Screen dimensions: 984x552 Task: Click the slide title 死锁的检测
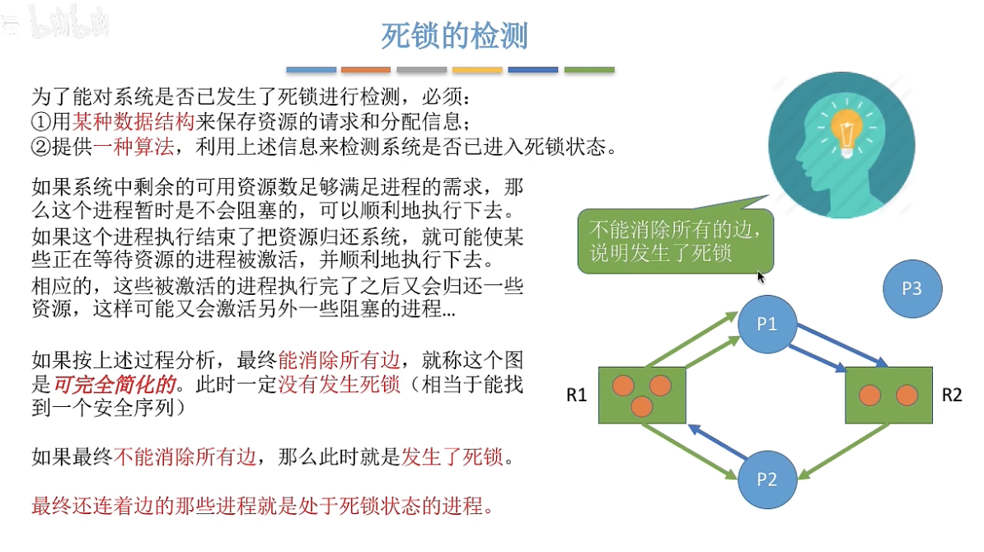tap(454, 35)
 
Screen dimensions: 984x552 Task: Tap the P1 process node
tap(767, 324)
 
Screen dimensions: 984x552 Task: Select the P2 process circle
tap(767, 479)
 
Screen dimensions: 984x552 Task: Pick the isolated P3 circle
tap(911, 288)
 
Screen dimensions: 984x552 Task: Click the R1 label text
tap(576, 395)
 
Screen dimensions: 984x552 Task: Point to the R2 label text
tap(951, 395)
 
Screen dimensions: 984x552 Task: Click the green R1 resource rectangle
tap(642, 395)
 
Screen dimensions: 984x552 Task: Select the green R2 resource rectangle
tap(888, 395)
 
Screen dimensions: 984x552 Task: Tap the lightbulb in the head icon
tap(846, 130)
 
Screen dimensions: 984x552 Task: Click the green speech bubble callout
tap(675, 241)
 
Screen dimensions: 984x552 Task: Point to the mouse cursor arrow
tap(761, 277)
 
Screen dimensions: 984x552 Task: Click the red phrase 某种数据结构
tap(133, 121)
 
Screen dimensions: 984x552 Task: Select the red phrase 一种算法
tap(133, 146)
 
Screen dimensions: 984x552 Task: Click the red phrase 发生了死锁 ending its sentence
tap(452, 456)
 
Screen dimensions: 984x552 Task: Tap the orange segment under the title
tap(366, 70)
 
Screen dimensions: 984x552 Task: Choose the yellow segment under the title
tap(477, 70)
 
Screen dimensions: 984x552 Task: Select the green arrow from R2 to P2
tap(844, 451)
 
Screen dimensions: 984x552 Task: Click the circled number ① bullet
tap(40, 122)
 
